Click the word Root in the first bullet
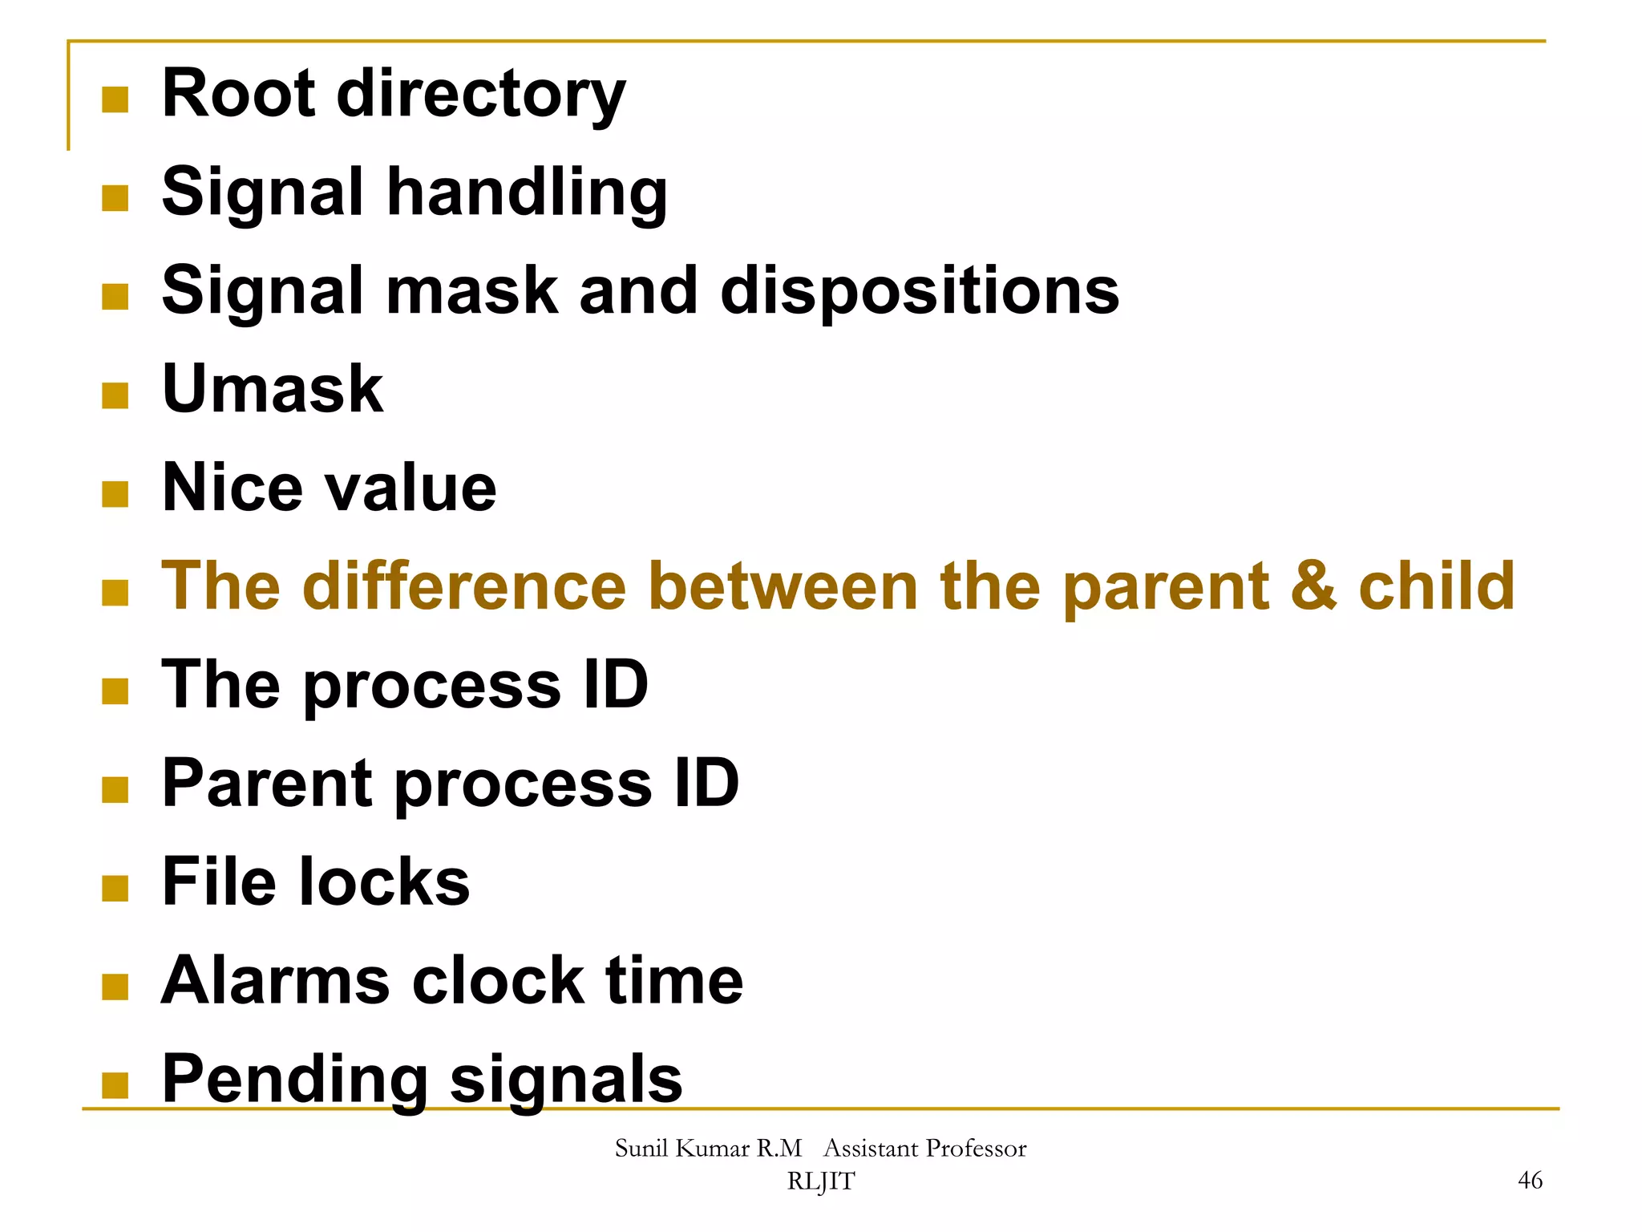tap(239, 94)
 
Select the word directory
tap(481, 96)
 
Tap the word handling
tap(527, 194)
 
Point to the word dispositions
tap(920, 291)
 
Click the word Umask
tap(273, 390)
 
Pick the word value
tap(410, 489)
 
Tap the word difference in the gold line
tap(465, 586)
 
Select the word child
tap(1436, 586)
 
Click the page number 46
tap(1530, 1180)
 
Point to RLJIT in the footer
tap(820, 1181)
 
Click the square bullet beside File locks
tap(115, 889)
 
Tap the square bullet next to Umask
tap(115, 395)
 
